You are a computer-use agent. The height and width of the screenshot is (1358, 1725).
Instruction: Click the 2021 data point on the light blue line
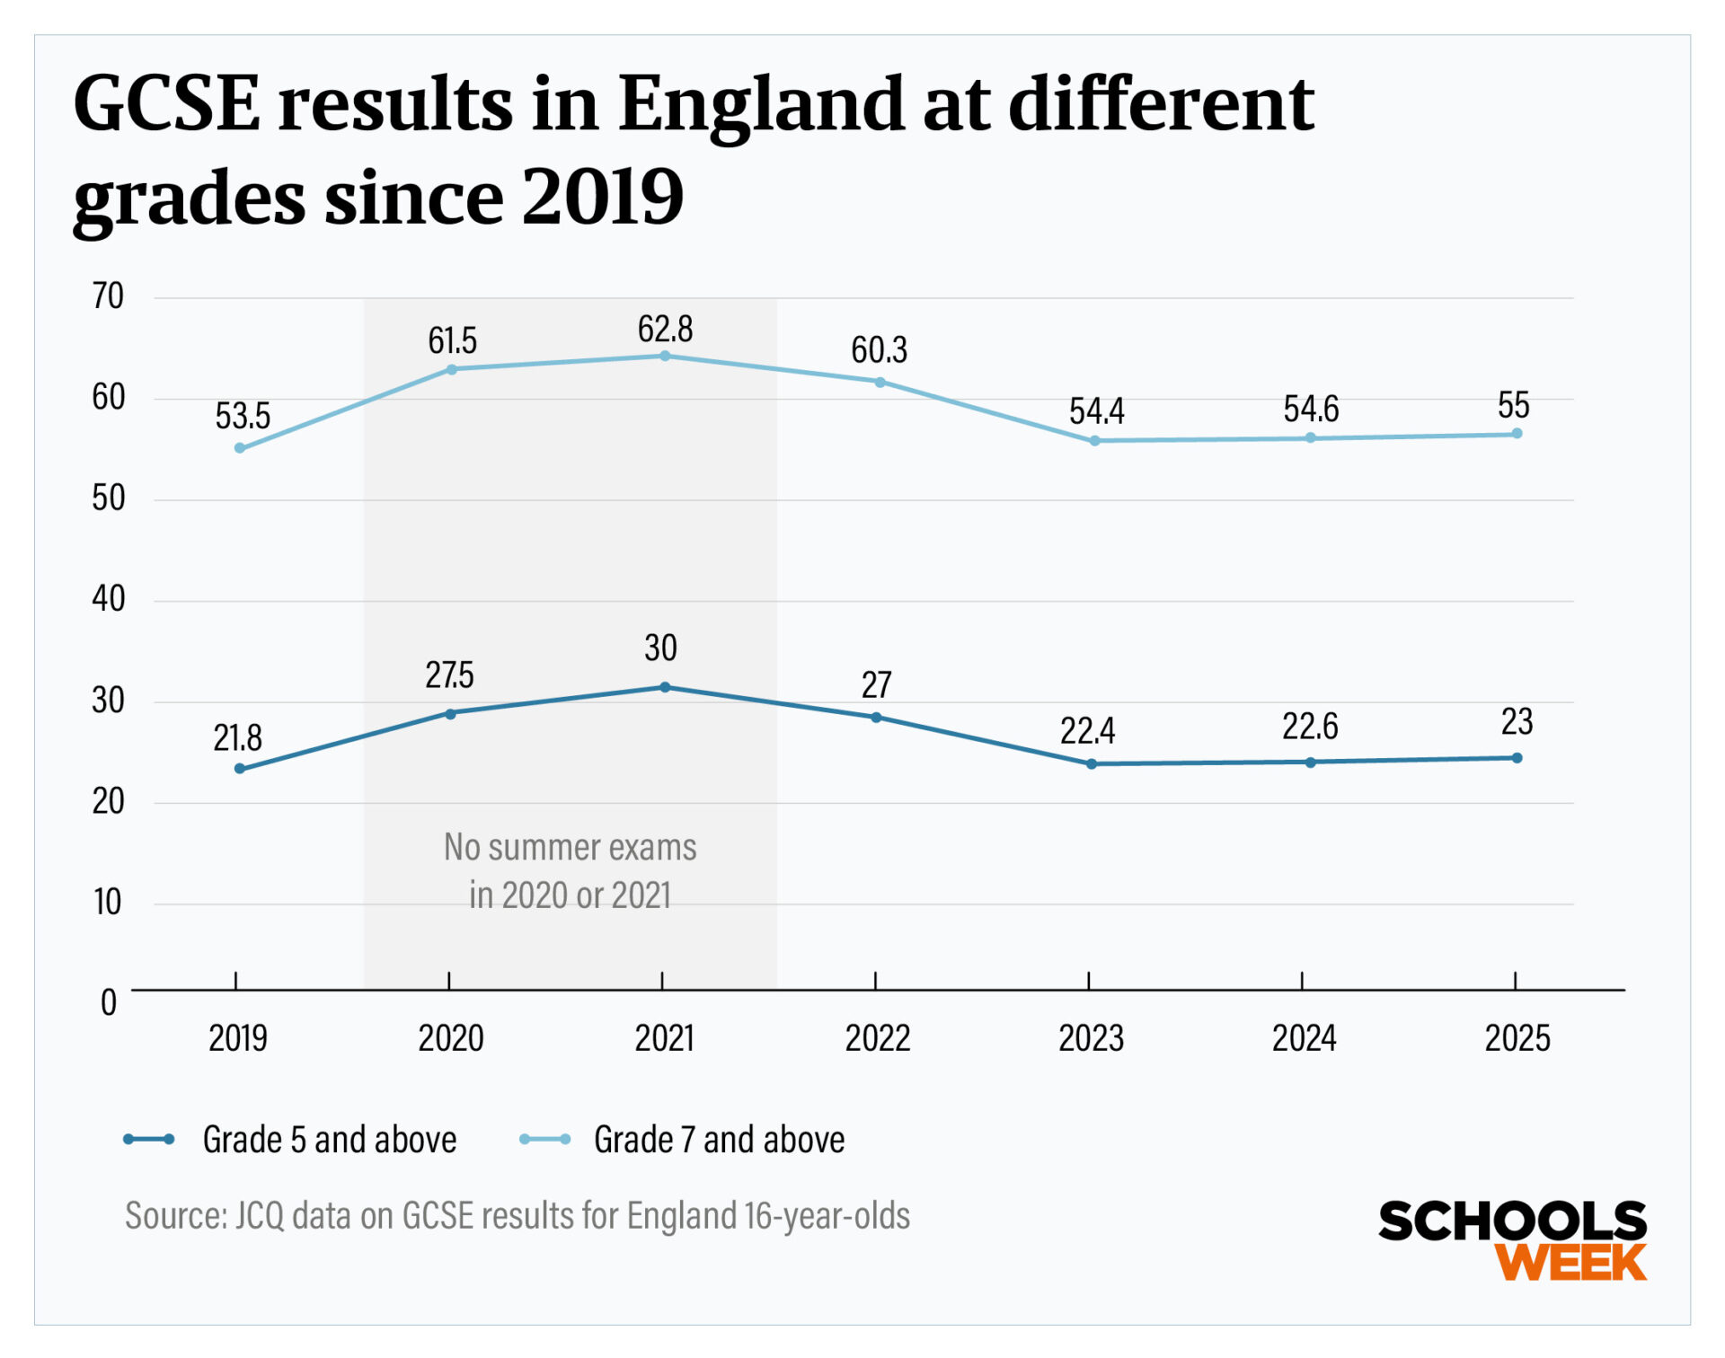point(665,356)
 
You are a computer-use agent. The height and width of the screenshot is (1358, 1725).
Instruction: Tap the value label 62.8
point(665,330)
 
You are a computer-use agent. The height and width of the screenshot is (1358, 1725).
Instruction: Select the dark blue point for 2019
point(240,769)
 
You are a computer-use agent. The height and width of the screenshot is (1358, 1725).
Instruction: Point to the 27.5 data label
point(449,675)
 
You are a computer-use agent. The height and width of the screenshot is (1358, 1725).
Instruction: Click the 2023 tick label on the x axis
point(1091,1038)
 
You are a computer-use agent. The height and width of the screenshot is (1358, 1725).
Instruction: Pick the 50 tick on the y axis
point(108,498)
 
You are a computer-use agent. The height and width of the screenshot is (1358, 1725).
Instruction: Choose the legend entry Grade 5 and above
point(329,1140)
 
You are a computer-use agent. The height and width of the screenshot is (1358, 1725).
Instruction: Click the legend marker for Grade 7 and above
point(544,1140)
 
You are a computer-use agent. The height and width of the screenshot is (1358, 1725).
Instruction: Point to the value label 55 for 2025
point(1513,406)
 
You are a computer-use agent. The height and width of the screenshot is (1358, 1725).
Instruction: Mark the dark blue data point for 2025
point(1517,758)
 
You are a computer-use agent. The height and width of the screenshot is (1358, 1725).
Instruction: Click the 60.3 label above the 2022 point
point(879,349)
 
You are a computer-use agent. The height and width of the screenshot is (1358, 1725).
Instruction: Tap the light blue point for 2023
point(1094,441)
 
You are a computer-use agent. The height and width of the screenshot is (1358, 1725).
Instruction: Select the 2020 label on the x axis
point(451,1038)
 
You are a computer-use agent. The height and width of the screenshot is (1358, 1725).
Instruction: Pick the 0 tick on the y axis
point(109,1002)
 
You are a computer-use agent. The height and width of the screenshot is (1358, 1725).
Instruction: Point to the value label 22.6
point(1309,727)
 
